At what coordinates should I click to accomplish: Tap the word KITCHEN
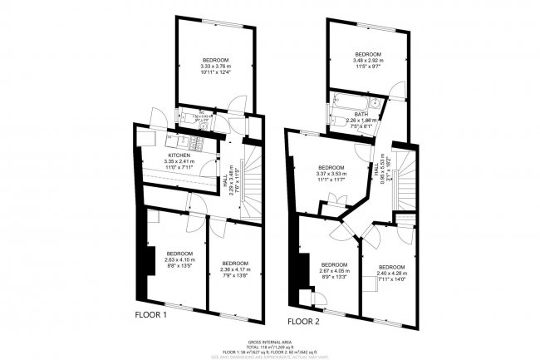click(180, 156)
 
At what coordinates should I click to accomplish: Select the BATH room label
click(361, 114)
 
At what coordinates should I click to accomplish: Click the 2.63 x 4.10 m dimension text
click(179, 259)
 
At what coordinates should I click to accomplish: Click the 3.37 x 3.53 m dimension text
click(331, 173)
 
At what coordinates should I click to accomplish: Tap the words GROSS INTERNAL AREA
click(270, 341)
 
